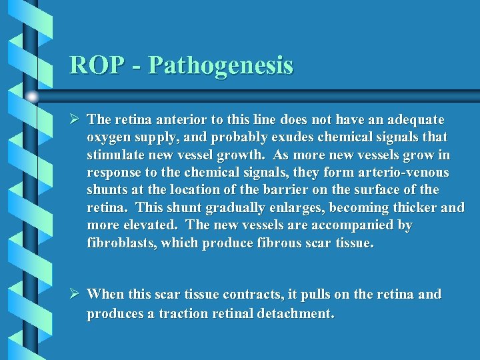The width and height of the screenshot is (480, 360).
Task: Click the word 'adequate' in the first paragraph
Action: [412, 120]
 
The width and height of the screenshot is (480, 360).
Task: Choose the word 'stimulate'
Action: [115, 155]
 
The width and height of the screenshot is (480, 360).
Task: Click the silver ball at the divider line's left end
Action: [32, 96]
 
